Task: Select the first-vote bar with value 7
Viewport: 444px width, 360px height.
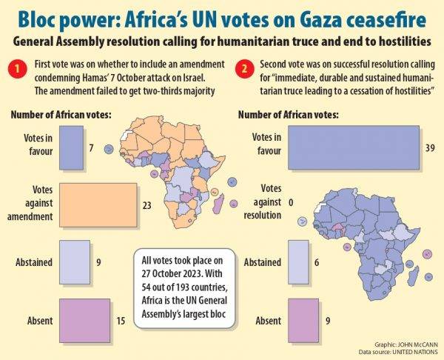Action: pos(73,149)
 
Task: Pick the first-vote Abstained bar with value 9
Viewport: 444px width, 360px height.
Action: pos(74,261)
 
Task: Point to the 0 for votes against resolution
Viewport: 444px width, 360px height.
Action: pos(291,201)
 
